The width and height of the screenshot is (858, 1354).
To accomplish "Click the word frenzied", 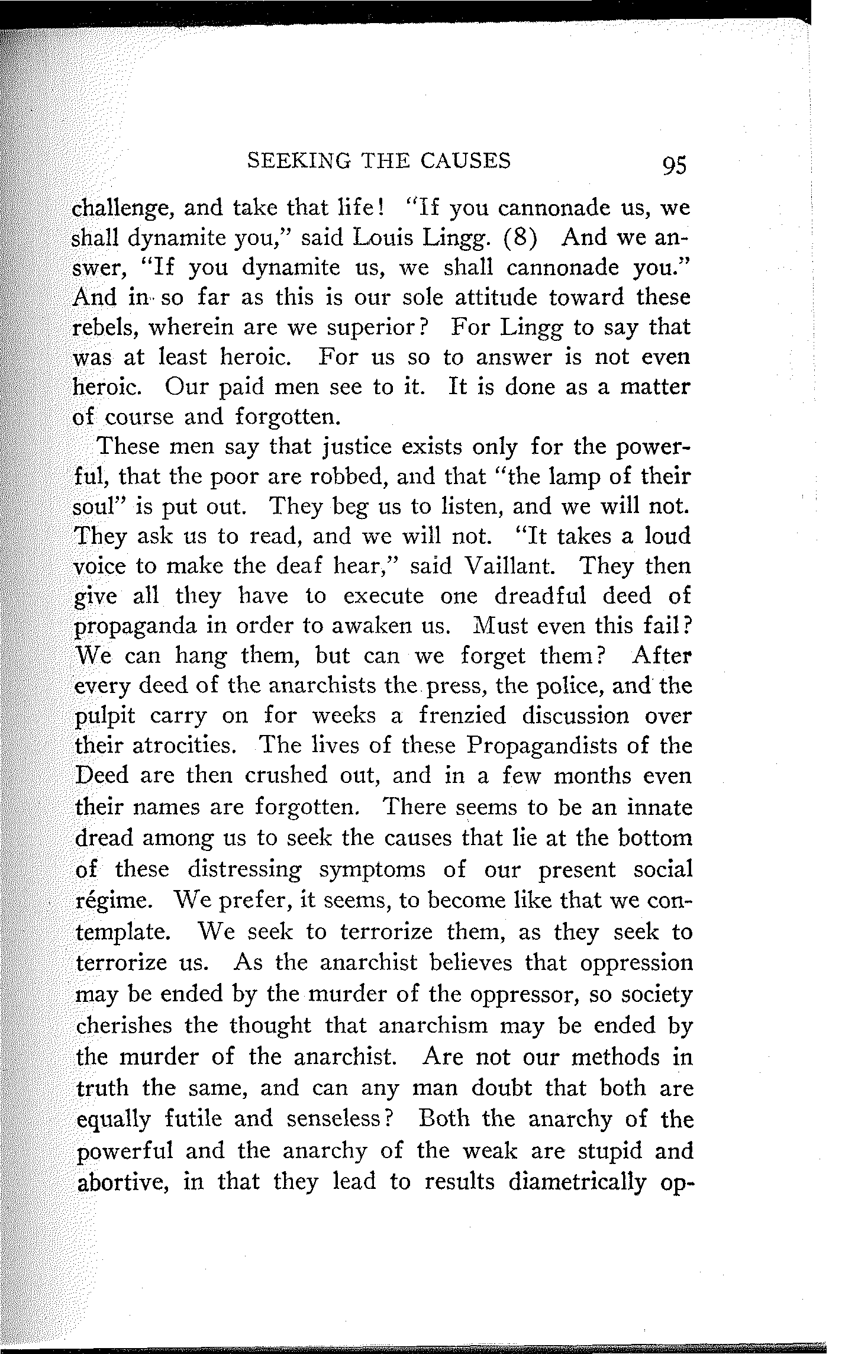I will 462,716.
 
